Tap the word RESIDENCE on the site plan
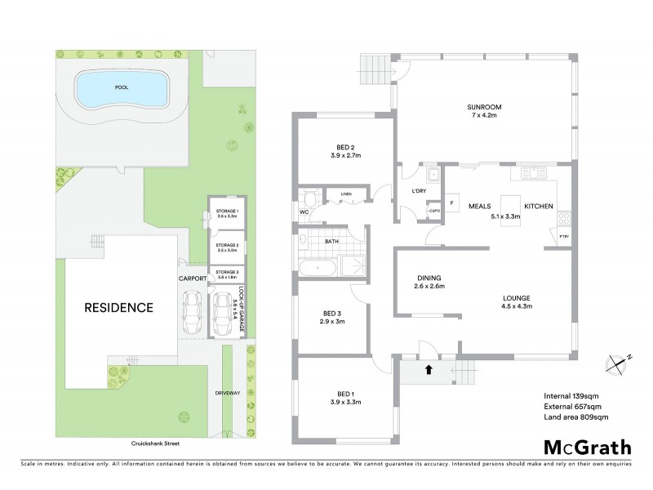coord(120,308)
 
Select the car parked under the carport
coord(194,314)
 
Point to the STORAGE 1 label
coord(226,214)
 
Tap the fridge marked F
coord(451,203)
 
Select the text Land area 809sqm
coord(575,417)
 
